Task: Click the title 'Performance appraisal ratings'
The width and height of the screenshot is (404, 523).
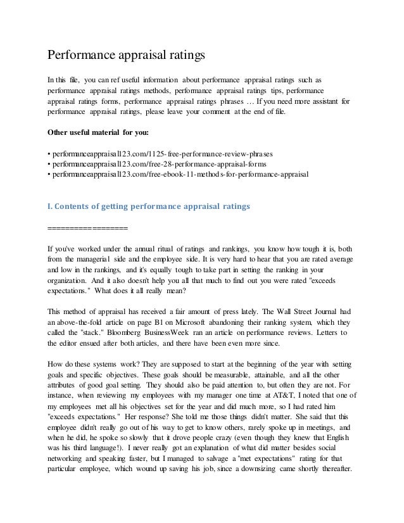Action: click(x=127, y=55)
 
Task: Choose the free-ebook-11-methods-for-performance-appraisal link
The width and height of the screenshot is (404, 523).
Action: click(x=179, y=174)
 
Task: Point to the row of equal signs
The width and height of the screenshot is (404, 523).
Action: click(x=88, y=228)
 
